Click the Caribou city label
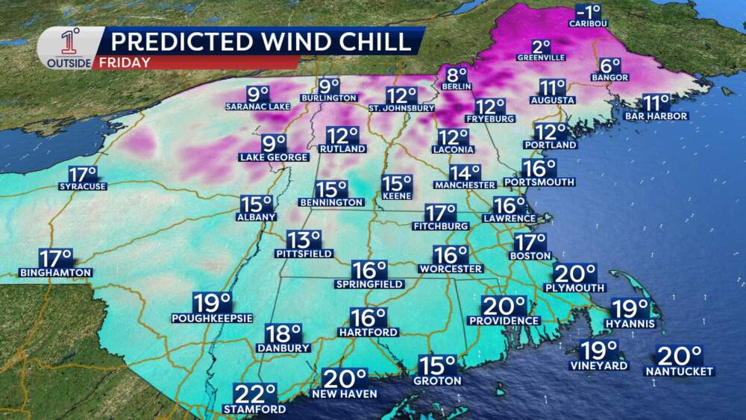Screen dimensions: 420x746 pyautogui.click(x=589, y=23)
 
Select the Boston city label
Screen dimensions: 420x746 pyautogui.click(x=530, y=255)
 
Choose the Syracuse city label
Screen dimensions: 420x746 pyautogui.click(x=83, y=186)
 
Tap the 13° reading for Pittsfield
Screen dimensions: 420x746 pyautogui.click(x=304, y=239)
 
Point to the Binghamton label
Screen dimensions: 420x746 pyautogui.click(x=55, y=272)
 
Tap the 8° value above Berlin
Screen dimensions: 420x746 pyautogui.click(x=457, y=75)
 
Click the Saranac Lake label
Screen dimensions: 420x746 pyautogui.click(x=257, y=107)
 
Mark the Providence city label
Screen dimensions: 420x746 pyautogui.click(x=504, y=320)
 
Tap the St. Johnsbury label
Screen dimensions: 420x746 pyautogui.click(x=401, y=108)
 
